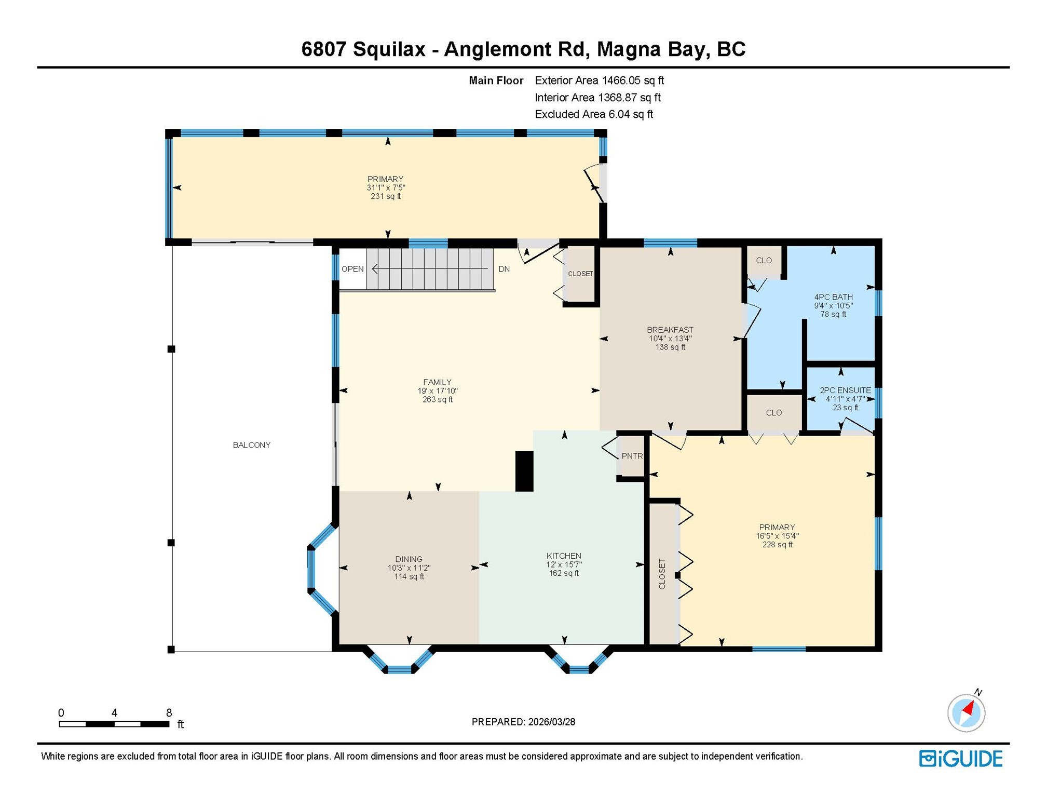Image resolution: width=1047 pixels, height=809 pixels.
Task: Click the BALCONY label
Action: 251,445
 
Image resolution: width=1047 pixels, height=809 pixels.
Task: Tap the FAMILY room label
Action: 437,382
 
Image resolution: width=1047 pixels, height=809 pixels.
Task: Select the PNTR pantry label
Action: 632,456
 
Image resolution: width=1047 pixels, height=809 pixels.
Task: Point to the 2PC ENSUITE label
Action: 845,390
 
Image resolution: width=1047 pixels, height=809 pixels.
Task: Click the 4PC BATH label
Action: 833,297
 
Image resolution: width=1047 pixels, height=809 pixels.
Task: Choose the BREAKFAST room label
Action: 670,330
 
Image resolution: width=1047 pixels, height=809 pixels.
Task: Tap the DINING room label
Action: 409,559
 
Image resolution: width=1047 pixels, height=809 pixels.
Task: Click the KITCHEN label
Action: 564,556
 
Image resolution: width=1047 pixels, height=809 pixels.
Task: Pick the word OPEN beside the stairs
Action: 352,269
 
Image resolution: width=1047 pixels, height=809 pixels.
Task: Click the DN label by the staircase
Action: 504,269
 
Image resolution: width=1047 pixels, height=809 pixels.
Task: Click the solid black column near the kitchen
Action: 524,471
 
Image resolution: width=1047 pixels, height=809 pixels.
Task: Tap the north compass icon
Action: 966,712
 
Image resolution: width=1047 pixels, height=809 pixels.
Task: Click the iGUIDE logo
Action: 961,759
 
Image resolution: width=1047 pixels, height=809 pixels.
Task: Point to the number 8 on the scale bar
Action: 169,713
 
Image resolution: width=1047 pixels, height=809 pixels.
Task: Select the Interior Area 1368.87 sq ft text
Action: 597,98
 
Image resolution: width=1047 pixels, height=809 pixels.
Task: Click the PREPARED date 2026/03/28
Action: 551,722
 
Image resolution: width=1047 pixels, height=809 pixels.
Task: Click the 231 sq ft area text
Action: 386,196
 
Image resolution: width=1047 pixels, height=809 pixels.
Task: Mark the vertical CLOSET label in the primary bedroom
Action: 662,574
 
